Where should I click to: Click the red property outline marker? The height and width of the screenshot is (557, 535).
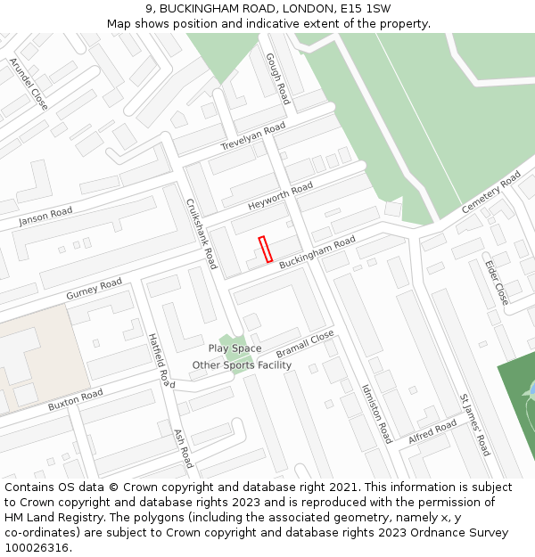[265, 250]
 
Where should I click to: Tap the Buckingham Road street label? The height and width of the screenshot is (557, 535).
[317, 252]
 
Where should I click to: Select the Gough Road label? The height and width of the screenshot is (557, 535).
[277, 78]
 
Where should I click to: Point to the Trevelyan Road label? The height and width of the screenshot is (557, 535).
[253, 136]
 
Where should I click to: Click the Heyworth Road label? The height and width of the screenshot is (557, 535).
[281, 196]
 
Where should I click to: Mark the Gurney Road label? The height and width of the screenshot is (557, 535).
[94, 289]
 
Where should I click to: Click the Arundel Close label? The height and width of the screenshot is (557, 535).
[29, 84]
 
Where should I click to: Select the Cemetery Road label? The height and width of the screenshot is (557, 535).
[491, 192]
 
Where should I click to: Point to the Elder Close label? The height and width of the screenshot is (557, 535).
[496, 282]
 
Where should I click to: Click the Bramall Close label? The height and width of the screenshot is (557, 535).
[305, 342]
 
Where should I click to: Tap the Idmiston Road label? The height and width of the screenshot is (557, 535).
[376, 414]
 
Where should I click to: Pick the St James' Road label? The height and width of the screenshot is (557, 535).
[474, 424]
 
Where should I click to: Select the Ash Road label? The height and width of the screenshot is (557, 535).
[183, 446]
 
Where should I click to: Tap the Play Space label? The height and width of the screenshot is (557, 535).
[235, 348]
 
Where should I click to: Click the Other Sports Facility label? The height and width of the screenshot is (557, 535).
[242, 365]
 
